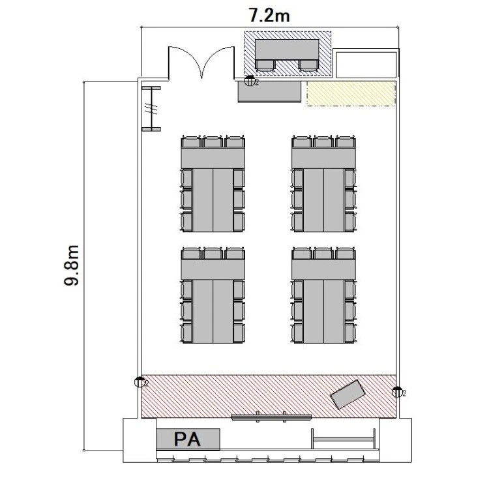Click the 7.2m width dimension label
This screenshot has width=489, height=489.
[269, 16]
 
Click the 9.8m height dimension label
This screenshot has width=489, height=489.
[72, 265]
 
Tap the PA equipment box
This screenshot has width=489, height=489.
[188, 439]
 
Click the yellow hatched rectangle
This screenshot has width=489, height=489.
[351, 93]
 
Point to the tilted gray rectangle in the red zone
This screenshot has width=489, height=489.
[348, 394]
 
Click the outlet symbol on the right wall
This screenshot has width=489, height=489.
[397, 392]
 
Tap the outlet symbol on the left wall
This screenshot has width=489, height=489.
[140, 382]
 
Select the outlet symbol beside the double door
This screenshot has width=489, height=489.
[250, 81]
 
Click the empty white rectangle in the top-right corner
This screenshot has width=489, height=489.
[366, 65]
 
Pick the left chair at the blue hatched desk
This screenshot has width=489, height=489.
[265, 65]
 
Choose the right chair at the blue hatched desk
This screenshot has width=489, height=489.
[309, 65]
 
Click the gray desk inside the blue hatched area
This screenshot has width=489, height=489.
[287, 50]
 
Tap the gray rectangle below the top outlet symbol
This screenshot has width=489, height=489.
[270, 92]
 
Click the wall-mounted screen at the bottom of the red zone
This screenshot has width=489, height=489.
[271, 417]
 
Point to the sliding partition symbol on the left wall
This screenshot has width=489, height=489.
[151, 109]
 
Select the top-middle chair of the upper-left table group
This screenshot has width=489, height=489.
[213, 142]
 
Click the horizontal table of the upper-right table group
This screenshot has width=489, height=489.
[323, 158]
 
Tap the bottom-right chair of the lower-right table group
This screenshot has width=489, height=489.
[350, 333]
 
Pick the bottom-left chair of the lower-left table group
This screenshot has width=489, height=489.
[187, 333]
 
